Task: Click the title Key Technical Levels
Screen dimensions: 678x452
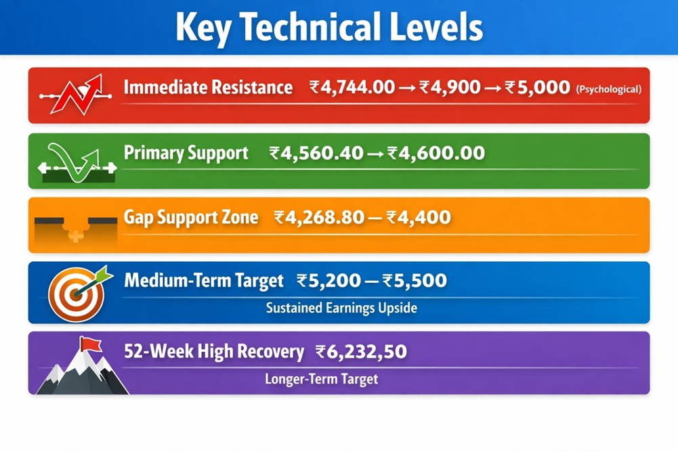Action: point(329,28)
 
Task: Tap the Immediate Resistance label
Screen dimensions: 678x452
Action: point(208,87)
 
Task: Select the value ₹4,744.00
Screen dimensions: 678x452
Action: point(352,87)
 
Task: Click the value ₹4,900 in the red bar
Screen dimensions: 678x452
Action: point(450,87)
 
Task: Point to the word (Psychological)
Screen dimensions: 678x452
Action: point(608,89)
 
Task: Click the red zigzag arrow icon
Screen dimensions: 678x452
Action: point(76,95)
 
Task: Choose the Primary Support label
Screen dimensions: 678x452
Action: point(186,154)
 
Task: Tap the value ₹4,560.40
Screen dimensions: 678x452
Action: point(316,154)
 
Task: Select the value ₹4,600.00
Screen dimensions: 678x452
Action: point(436,154)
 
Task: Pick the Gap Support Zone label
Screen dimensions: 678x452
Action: point(191,217)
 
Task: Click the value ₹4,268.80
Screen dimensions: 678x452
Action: point(319,217)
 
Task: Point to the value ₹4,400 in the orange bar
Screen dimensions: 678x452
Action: point(419,217)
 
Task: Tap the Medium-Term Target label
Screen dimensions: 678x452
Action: point(204,281)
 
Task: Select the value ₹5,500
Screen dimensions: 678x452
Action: point(415,281)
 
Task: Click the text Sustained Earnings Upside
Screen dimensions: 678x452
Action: point(341,308)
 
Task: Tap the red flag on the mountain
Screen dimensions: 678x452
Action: point(91,344)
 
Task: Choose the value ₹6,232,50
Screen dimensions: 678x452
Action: point(361,352)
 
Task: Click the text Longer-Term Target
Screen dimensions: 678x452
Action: point(321,380)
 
